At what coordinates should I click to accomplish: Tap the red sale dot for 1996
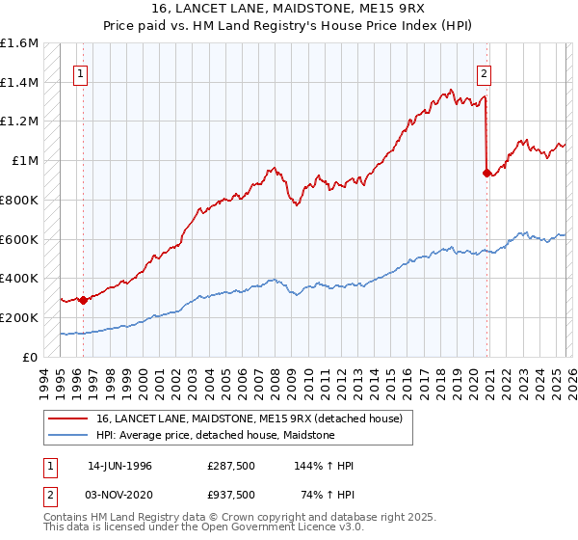coord(83,300)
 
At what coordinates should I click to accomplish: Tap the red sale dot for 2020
coord(487,173)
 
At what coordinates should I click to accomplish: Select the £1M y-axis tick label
coord(25,161)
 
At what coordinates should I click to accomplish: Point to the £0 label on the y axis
coord(31,357)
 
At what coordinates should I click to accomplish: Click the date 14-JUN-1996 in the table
coord(119,466)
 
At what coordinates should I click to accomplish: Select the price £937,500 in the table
coord(231,495)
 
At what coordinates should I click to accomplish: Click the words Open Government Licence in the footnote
coord(271,530)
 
